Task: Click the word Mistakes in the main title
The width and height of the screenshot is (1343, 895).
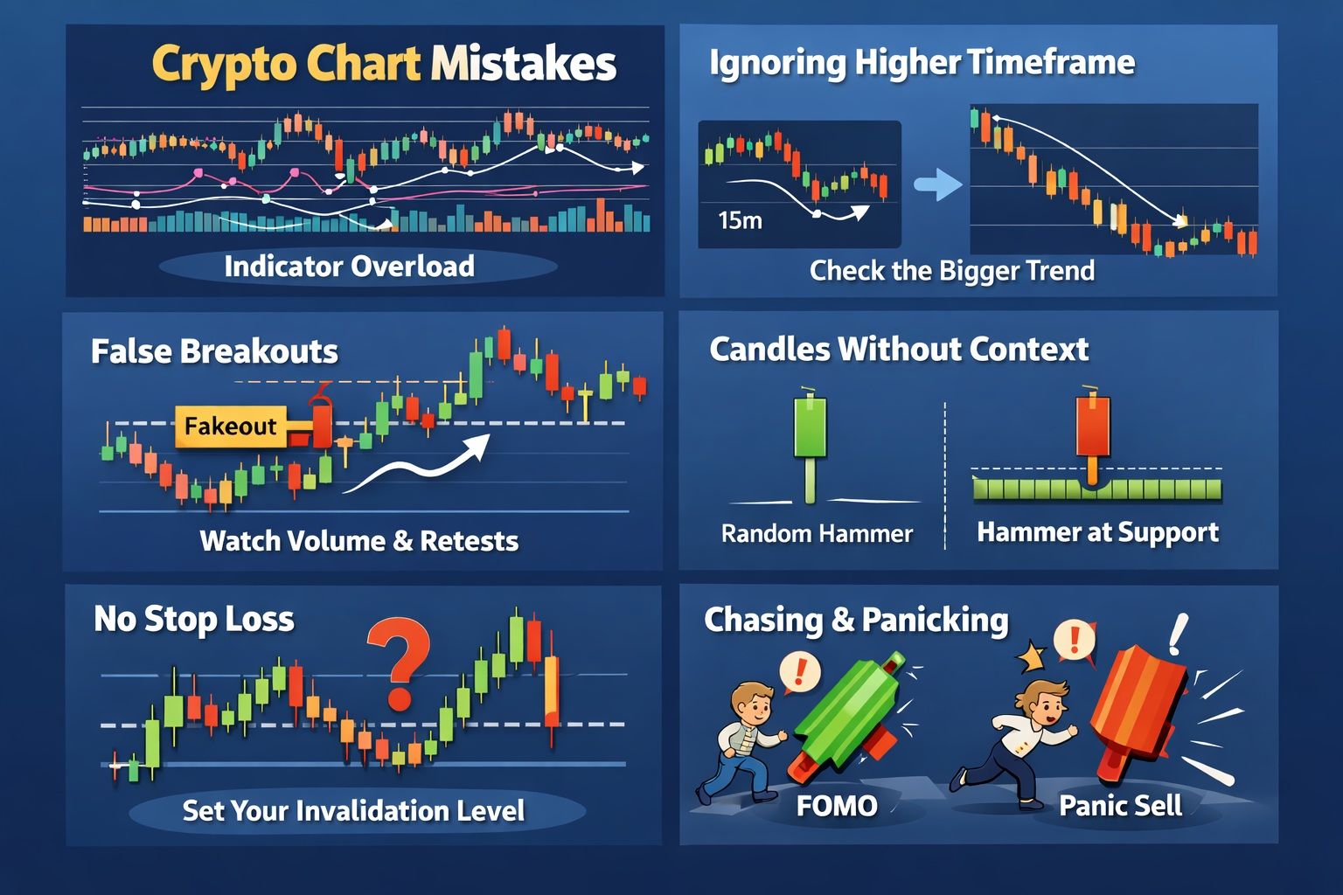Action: (x=524, y=64)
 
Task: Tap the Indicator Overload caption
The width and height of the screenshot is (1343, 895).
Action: (x=350, y=267)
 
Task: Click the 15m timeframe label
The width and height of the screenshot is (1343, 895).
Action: (x=741, y=220)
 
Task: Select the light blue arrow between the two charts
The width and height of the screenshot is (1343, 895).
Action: (x=937, y=184)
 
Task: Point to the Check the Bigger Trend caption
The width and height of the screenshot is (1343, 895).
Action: (x=952, y=271)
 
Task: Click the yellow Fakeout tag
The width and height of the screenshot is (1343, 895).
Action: (x=231, y=427)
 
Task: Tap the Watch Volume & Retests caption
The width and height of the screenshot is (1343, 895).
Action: (x=359, y=541)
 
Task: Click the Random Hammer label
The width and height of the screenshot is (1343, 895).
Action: (x=817, y=533)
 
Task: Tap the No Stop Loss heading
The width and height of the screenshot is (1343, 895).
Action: (x=193, y=619)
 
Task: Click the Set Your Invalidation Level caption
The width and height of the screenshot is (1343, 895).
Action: (x=353, y=810)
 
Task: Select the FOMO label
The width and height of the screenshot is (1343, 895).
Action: (x=837, y=806)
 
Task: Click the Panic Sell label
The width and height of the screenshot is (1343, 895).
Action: (x=1121, y=805)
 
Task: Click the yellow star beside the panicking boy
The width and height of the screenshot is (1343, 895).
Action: (x=1031, y=656)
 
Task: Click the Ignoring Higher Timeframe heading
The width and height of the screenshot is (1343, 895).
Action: (x=922, y=62)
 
